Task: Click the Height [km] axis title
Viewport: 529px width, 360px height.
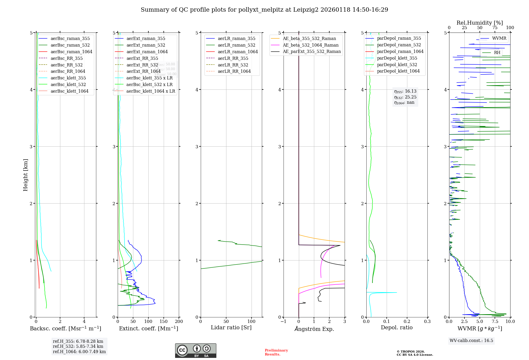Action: coord(25,175)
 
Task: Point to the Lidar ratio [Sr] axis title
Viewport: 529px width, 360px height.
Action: coord(231,327)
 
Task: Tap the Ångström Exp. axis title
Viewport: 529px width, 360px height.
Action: coord(314,329)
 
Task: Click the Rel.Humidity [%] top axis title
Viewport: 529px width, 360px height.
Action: coord(480,23)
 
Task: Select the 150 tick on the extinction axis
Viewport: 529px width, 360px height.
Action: coord(164,321)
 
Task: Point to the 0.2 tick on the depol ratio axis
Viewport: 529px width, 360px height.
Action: coord(407,321)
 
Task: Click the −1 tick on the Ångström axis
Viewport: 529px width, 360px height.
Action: coord(283,321)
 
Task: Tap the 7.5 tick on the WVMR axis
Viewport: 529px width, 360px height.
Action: coord(495,321)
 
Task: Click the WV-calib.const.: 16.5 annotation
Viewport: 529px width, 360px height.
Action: coord(471,340)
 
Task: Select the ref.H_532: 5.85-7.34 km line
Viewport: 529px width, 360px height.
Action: coord(78,346)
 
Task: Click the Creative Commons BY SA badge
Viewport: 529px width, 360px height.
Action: coord(195,350)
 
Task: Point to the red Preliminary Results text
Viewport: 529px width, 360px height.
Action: coord(276,352)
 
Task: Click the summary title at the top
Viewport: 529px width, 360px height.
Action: coord(264,10)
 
